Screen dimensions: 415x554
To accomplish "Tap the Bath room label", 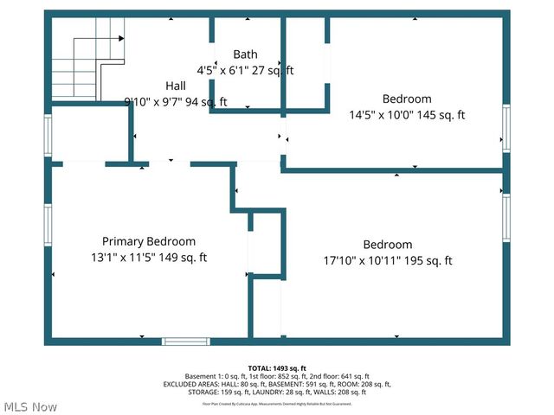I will (245, 54).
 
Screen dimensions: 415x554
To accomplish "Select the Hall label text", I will (175, 86).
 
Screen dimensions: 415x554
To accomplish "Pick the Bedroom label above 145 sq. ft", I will (407, 99).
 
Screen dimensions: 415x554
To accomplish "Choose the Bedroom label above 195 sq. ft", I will (387, 245).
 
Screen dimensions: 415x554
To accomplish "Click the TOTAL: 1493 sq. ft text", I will (277, 367).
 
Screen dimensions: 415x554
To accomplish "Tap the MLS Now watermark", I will (30, 406).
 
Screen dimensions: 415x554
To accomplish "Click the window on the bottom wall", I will (187, 342).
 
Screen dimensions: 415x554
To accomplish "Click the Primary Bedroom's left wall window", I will (48, 224).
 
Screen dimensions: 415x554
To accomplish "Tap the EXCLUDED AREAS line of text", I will (277, 385).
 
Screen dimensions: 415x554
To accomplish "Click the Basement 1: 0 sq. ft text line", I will (277, 376).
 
